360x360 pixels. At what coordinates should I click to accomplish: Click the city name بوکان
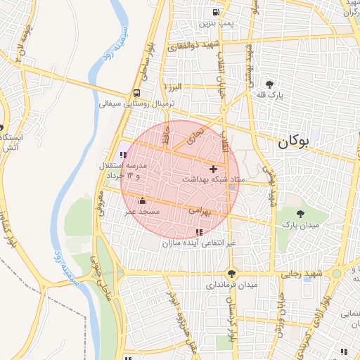[293, 141]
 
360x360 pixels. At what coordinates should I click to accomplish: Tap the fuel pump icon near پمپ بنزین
[214, 12]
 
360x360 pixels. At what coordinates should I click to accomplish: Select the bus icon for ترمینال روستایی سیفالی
[136, 93]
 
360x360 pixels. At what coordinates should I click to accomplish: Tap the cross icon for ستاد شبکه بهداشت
[214, 169]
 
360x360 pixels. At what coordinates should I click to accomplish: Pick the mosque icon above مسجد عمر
[142, 201]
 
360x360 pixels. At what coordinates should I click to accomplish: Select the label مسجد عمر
[143, 212]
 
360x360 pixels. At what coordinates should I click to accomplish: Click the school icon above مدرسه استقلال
[123, 155]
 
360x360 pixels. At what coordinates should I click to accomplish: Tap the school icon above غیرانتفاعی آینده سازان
[199, 231]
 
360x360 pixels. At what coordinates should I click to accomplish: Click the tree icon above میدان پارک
[301, 214]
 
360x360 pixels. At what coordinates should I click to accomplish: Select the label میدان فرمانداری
[232, 285]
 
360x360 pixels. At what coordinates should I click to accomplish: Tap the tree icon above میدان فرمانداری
[231, 274]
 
